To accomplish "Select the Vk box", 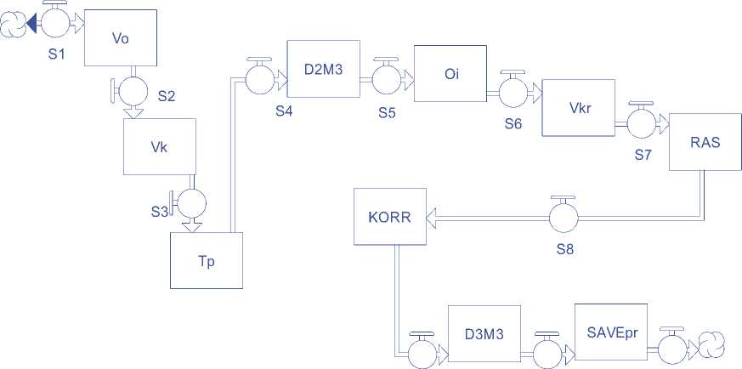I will point(159,146).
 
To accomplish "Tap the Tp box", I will point(207,260).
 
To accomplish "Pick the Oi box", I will point(449,76).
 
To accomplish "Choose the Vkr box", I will point(579,108).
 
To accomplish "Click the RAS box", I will point(705,142).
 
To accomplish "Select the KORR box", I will point(390,217).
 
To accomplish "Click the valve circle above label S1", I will point(54,24).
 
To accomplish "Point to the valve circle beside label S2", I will point(132,90).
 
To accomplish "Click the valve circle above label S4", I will point(258,80).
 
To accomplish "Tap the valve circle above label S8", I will point(562,218).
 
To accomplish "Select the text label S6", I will point(513,123).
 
